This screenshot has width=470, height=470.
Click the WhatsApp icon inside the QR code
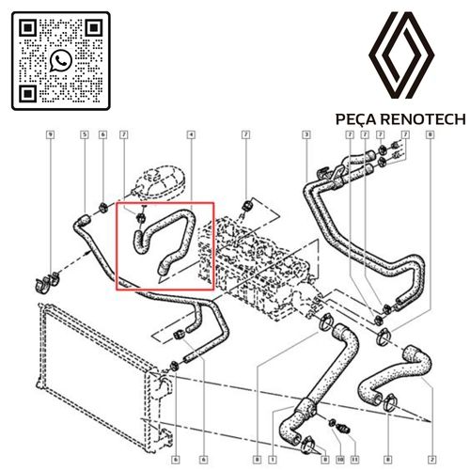pos(60,60)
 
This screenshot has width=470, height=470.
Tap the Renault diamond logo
pos(401,55)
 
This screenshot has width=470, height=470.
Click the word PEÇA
pos(355,119)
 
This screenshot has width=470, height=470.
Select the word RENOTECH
pos(423,119)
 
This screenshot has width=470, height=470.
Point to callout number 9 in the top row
pos(51,134)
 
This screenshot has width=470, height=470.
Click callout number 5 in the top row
pos(85,134)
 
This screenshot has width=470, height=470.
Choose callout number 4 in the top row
pos(191,134)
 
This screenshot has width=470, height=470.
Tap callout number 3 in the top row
pos(306,134)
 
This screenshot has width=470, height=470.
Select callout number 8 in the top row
pos(431,134)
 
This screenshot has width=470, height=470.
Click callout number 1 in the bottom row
pos(273,460)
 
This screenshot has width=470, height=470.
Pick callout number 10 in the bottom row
pos(340,460)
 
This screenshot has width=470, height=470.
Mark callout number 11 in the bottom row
pos(354,460)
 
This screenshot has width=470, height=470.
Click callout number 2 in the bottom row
pos(432,460)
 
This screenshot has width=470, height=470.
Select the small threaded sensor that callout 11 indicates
pos(344,429)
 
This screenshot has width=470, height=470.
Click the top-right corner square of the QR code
pos(94,28)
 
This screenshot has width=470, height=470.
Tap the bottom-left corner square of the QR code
pos(28,94)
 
